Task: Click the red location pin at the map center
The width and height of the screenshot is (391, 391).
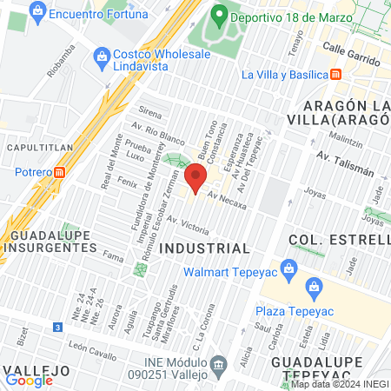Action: point(196,176)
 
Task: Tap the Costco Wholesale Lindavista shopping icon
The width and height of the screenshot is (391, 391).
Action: point(102,55)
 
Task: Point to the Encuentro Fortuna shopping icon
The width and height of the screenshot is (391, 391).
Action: point(37,11)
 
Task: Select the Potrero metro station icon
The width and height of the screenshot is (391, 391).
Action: point(59,172)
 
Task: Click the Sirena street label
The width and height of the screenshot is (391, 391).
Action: point(150,113)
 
